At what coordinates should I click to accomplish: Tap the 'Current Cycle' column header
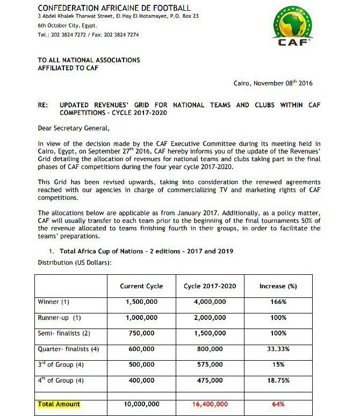point(141,286)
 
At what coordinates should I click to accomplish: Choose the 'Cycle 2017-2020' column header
point(210,286)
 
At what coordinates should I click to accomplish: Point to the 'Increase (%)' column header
point(278,286)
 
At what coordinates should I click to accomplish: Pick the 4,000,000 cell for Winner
point(210,302)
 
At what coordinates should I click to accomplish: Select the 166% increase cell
point(278,302)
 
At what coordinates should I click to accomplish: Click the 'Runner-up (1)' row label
point(59,318)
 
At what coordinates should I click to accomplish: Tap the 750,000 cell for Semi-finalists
point(141,333)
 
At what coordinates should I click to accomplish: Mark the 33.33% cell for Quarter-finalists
point(278,349)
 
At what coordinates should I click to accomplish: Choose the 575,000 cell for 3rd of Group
point(210,365)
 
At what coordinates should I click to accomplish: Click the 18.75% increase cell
point(278,381)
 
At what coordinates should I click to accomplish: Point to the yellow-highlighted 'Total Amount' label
point(59,404)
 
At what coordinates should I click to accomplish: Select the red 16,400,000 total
point(210,404)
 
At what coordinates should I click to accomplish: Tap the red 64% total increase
point(278,404)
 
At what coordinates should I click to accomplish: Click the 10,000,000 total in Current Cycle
point(141,404)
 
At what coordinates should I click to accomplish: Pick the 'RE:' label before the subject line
point(43,105)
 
